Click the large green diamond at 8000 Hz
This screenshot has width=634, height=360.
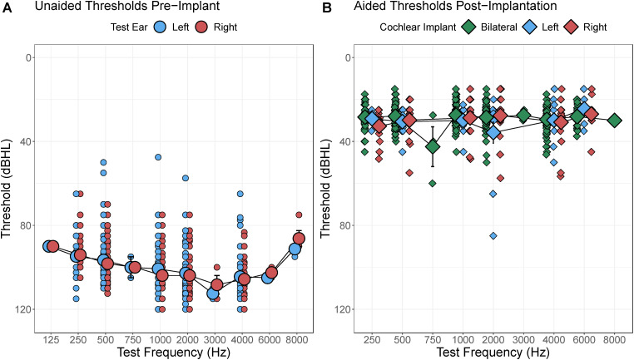pyautogui.click(x=614, y=121)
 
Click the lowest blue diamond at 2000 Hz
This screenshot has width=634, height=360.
pyautogui.click(x=493, y=235)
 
